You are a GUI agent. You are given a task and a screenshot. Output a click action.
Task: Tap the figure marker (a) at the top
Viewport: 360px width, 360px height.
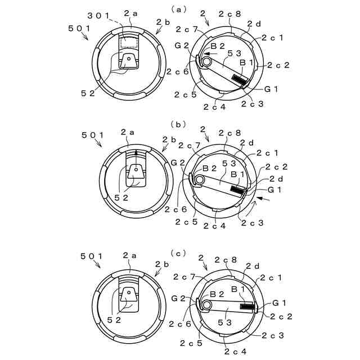point(179,8)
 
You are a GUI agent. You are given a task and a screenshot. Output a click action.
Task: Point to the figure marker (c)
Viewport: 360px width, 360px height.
point(179,253)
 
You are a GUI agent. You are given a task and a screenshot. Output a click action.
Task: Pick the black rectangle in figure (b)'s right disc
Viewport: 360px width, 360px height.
point(238,191)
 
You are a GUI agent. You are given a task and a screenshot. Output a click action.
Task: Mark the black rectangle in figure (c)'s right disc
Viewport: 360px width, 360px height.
point(247,307)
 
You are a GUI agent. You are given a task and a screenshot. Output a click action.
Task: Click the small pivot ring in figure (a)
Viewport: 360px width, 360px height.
point(207,61)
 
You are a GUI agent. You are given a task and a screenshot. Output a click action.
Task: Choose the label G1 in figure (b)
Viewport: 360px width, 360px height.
point(275,190)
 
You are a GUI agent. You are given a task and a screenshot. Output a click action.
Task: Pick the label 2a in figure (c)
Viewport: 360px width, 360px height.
point(130,256)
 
